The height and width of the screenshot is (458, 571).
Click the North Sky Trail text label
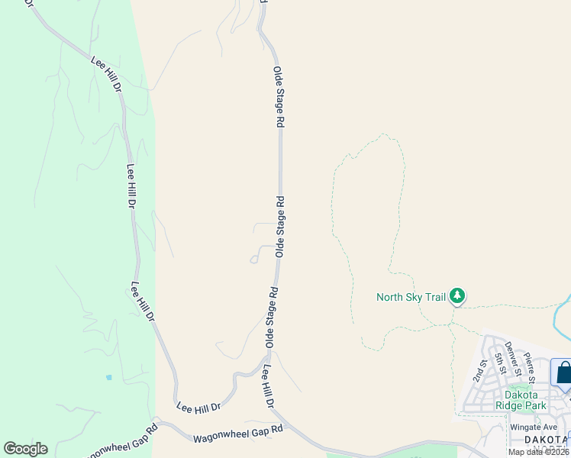tap(411, 297)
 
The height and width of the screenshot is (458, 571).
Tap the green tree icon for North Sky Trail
tap(457, 295)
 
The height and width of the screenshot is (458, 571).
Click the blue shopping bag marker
tap(563, 373)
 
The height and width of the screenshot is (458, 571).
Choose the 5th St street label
tap(501, 359)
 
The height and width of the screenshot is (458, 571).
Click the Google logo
tap(25, 449)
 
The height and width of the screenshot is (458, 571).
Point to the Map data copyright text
tap(539, 452)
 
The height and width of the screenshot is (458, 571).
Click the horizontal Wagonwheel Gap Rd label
tap(238, 434)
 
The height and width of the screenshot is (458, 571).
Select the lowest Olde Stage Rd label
tap(271, 315)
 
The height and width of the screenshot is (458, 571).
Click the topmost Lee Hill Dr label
tap(107, 74)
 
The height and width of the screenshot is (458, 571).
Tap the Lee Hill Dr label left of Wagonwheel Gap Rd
tap(198, 406)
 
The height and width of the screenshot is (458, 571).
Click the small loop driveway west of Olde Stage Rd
tap(254, 260)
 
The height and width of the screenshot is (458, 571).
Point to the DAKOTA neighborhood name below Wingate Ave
tap(547, 439)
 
